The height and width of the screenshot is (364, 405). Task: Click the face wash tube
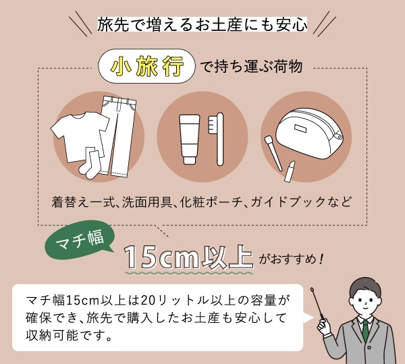tap(189, 140)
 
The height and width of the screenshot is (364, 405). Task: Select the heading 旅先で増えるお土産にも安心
tap(202, 24)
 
